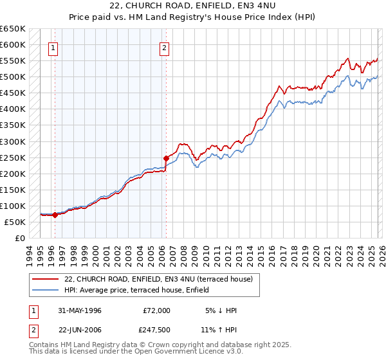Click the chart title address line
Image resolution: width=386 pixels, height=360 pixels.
(192, 6)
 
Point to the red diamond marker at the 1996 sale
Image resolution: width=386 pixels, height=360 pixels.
(55, 215)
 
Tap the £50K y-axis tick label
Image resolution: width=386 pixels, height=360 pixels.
(15, 222)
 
